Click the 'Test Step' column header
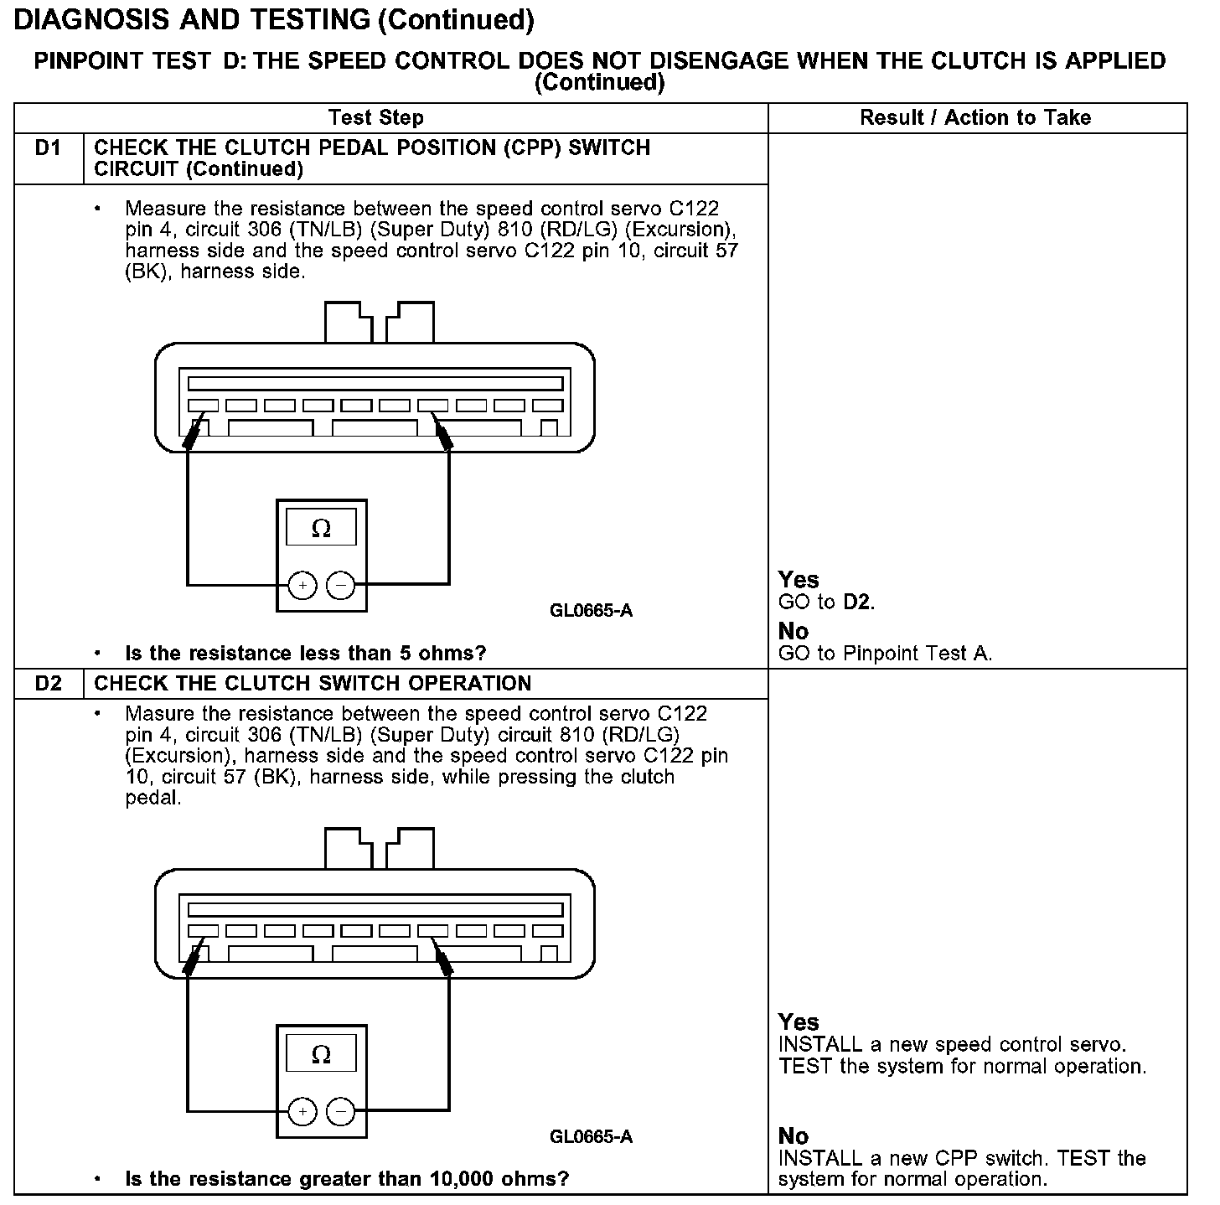(375, 117)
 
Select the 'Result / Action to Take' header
(975, 117)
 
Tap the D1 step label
(49, 148)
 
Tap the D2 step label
(49, 684)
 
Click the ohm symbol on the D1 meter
(321, 529)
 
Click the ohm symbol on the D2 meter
(321, 1054)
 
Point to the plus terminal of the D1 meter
(302, 585)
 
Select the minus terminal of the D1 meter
(340, 585)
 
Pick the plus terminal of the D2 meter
(302, 1112)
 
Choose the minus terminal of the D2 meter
(340, 1112)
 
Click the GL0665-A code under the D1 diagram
(591, 611)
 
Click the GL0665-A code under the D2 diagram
(591, 1137)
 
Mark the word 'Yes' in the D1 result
(798, 580)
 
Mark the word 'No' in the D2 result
(793, 1136)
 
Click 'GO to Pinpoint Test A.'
(885, 654)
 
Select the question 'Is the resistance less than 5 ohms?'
(305, 654)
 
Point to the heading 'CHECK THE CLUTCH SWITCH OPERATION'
(313, 684)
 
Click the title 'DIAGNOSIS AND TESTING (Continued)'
(274, 20)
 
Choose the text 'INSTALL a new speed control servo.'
(952, 1045)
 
